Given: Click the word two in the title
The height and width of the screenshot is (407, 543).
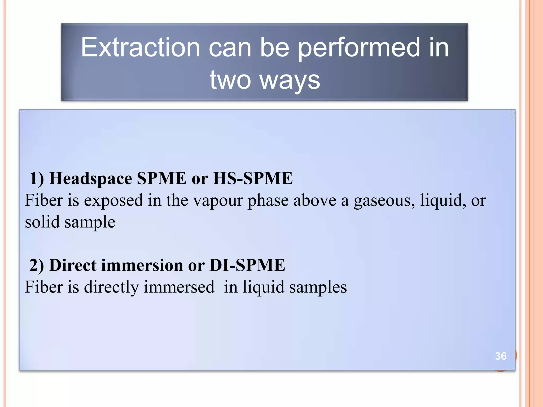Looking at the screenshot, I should (230, 80).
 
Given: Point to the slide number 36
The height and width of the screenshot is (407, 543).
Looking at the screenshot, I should (501, 356).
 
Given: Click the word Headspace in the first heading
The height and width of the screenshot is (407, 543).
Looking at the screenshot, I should (91, 178).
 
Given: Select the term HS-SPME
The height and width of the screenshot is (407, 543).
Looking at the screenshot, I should (253, 178).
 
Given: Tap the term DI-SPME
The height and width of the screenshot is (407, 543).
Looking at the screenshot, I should (247, 265).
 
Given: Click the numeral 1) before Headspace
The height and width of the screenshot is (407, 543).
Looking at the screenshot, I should (37, 178).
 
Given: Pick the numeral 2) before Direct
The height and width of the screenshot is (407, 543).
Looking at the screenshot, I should (37, 265).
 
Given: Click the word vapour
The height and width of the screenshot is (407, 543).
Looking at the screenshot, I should (218, 201).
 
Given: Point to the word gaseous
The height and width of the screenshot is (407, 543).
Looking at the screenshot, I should (384, 201).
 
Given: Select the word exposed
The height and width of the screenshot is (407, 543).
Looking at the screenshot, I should (113, 201).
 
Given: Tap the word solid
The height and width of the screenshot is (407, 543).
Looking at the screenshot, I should (42, 222).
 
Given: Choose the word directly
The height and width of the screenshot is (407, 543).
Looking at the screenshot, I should (111, 287).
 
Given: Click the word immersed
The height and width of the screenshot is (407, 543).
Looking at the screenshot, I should (179, 287).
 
